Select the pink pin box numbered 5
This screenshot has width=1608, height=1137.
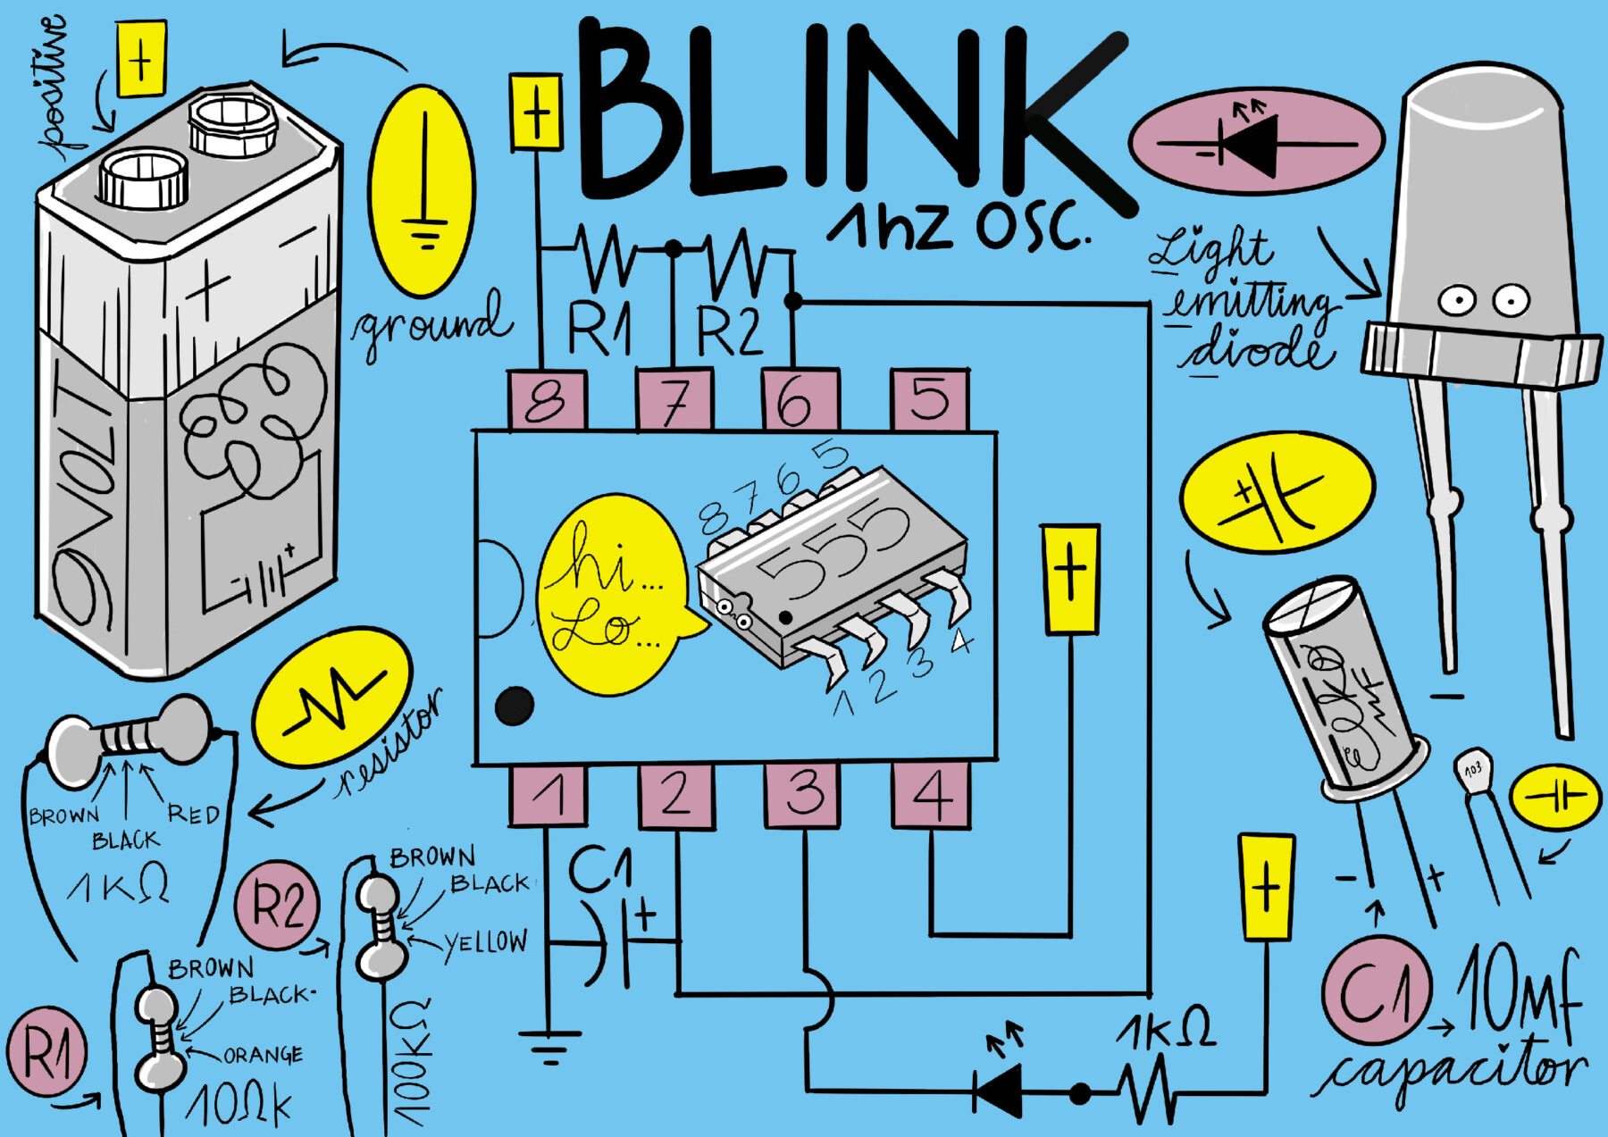pyautogui.click(x=930, y=399)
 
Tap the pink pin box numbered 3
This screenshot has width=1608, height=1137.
pyautogui.click(x=803, y=793)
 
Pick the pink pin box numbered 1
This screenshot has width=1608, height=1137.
pyautogui.click(x=549, y=794)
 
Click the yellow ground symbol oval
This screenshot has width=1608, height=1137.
pyautogui.click(x=423, y=190)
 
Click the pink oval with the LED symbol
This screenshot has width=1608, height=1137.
pyautogui.click(x=1256, y=141)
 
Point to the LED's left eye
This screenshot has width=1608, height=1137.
pyautogui.click(x=1456, y=300)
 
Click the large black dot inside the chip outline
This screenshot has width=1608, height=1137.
pyautogui.click(x=514, y=706)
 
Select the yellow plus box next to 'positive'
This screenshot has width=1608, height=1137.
pyautogui.click(x=141, y=59)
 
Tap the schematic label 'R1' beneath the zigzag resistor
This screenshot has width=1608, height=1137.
pyautogui.click(x=599, y=328)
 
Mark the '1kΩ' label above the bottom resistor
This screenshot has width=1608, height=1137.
pyautogui.click(x=1166, y=1030)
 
